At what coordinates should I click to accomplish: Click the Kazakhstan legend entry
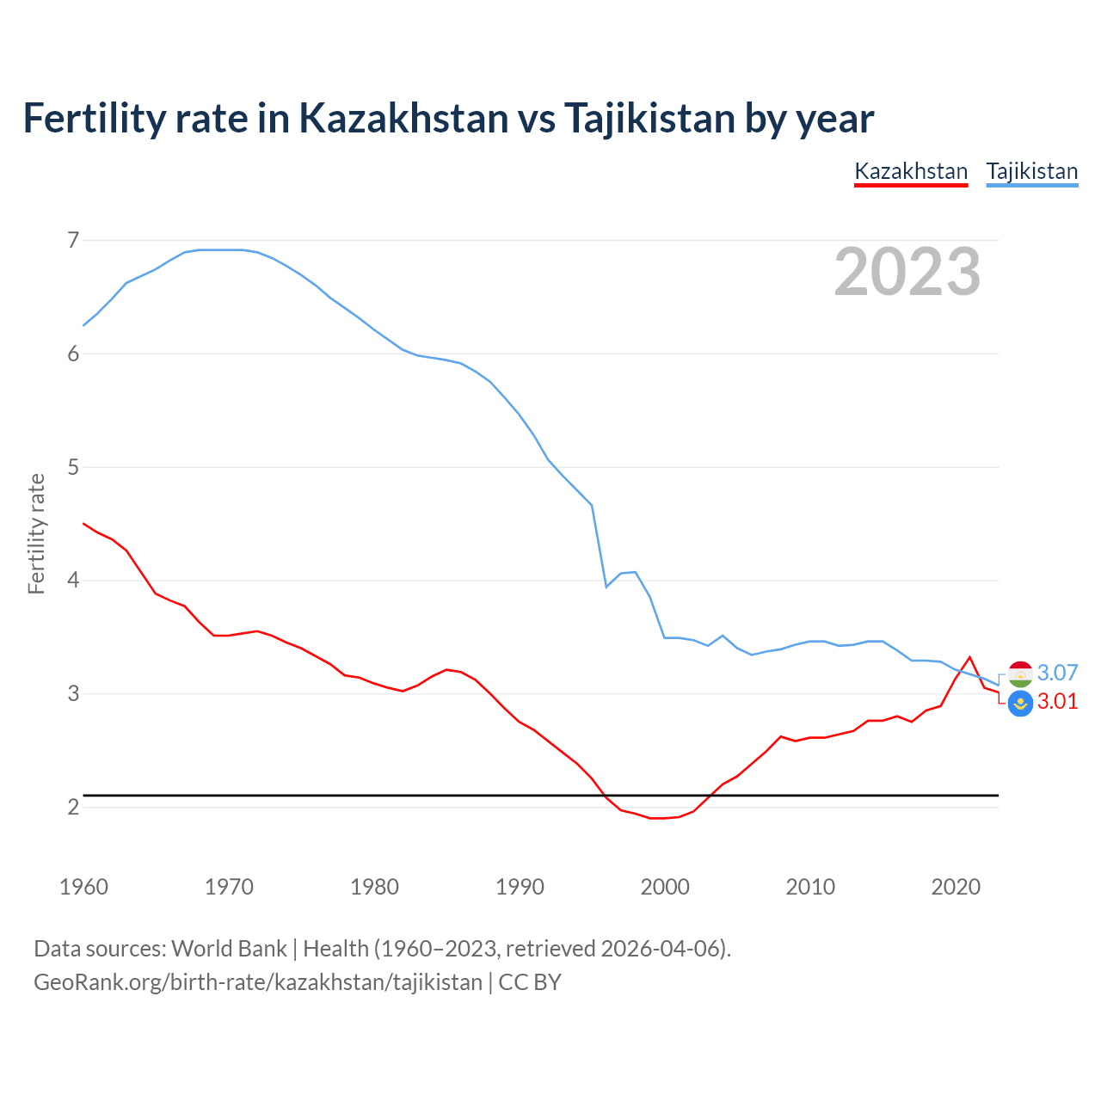coord(911,171)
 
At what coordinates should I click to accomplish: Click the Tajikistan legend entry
coord(1031,171)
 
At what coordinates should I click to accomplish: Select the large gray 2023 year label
coord(907,272)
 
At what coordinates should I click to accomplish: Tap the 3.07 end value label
coord(1057,673)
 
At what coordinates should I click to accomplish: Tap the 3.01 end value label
coord(1057,701)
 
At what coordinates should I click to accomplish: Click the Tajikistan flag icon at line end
coord(1020,674)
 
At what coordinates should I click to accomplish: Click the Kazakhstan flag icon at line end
coord(1020,703)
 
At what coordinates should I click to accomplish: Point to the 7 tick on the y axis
coord(73,240)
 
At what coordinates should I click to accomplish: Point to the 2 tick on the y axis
coord(73,807)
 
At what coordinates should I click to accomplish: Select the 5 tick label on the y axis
coord(73,467)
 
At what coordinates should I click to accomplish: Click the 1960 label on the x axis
coord(83,887)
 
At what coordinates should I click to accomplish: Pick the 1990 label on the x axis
coord(520,887)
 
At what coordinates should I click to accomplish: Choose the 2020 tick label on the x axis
coord(956,887)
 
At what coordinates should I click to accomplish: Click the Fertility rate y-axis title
coord(36,533)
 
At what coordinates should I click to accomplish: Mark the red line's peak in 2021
coord(969,657)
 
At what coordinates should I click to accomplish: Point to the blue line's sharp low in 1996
coord(606,587)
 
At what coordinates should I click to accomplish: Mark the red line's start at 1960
coord(83,523)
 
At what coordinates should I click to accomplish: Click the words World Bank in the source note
coord(229,949)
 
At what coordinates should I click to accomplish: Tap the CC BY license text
coord(530,982)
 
